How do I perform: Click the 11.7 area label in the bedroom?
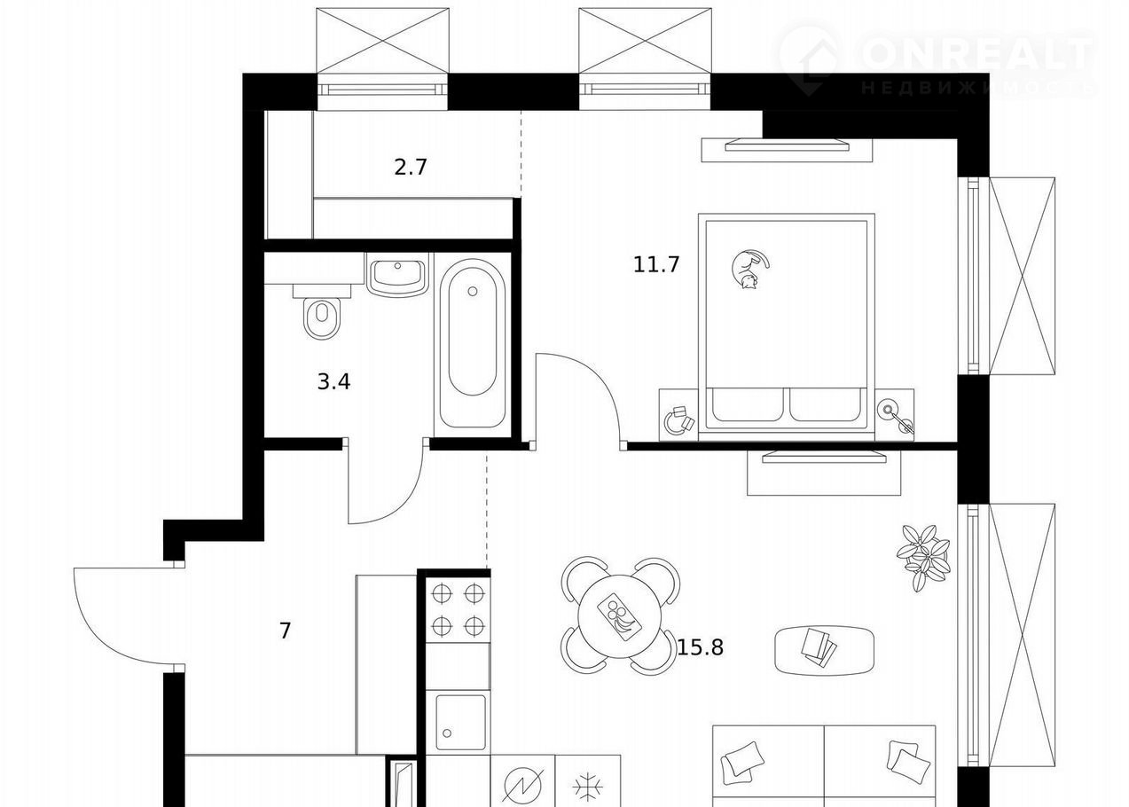pyautogui.click(x=656, y=264)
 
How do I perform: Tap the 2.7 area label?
pyautogui.click(x=411, y=167)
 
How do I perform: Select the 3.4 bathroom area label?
pyautogui.click(x=333, y=381)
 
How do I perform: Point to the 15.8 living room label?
pyautogui.click(x=700, y=647)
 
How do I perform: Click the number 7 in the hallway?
pyautogui.click(x=286, y=631)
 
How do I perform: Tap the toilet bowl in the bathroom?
pyautogui.click(x=322, y=318)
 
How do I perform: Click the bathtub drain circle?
pyautogui.click(x=473, y=292)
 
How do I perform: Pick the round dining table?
pyautogui.click(x=620, y=616)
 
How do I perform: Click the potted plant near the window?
pyautogui.click(x=923, y=557)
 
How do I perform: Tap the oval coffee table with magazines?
pyautogui.click(x=825, y=650)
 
